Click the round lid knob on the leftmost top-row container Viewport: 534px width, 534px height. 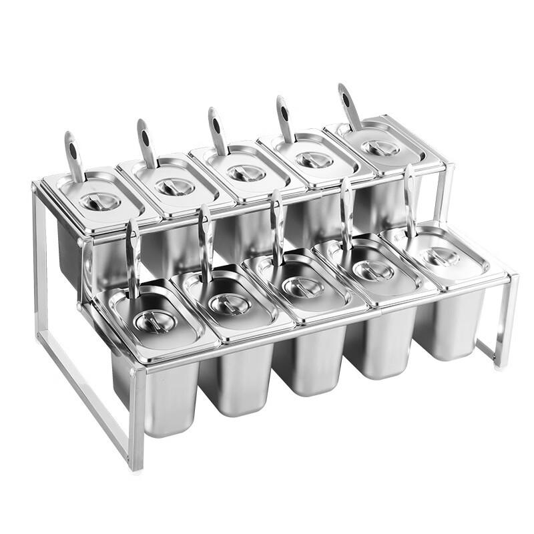[100, 201]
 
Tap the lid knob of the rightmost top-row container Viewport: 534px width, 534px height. [381, 147]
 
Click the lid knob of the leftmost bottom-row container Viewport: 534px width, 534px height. [155, 321]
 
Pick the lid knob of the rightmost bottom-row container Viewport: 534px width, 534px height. [441, 257]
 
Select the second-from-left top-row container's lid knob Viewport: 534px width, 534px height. [175, 187]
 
